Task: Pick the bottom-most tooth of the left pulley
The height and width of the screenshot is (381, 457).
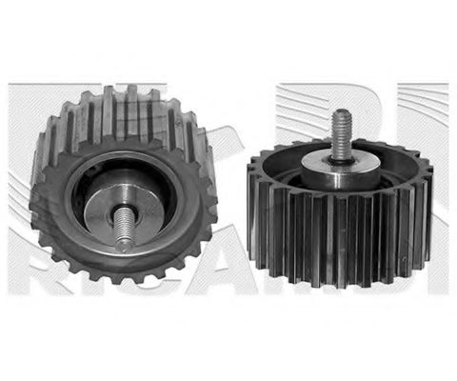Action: pos(122,278)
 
